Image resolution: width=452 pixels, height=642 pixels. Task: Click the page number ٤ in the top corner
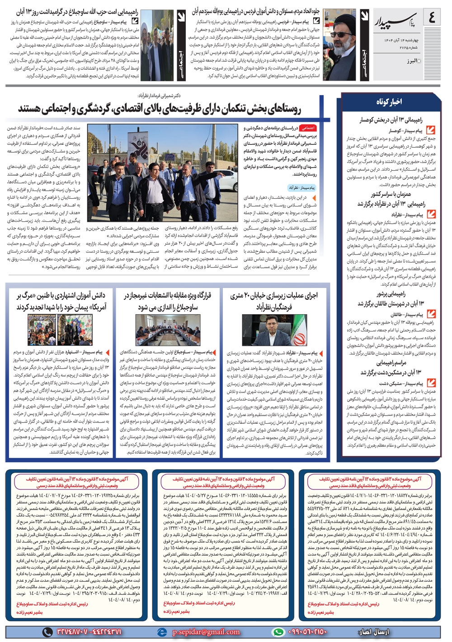tap(432, 19)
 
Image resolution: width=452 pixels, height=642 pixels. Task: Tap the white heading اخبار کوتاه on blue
tap(389, 102)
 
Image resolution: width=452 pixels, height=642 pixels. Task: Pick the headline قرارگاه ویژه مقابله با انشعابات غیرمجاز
tap(168, 301)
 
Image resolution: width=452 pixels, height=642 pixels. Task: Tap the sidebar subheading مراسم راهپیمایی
tap(391, 363)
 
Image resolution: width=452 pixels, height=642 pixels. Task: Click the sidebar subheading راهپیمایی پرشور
tap(391, 294)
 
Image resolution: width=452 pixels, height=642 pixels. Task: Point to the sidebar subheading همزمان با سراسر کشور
tap(391, 194)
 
